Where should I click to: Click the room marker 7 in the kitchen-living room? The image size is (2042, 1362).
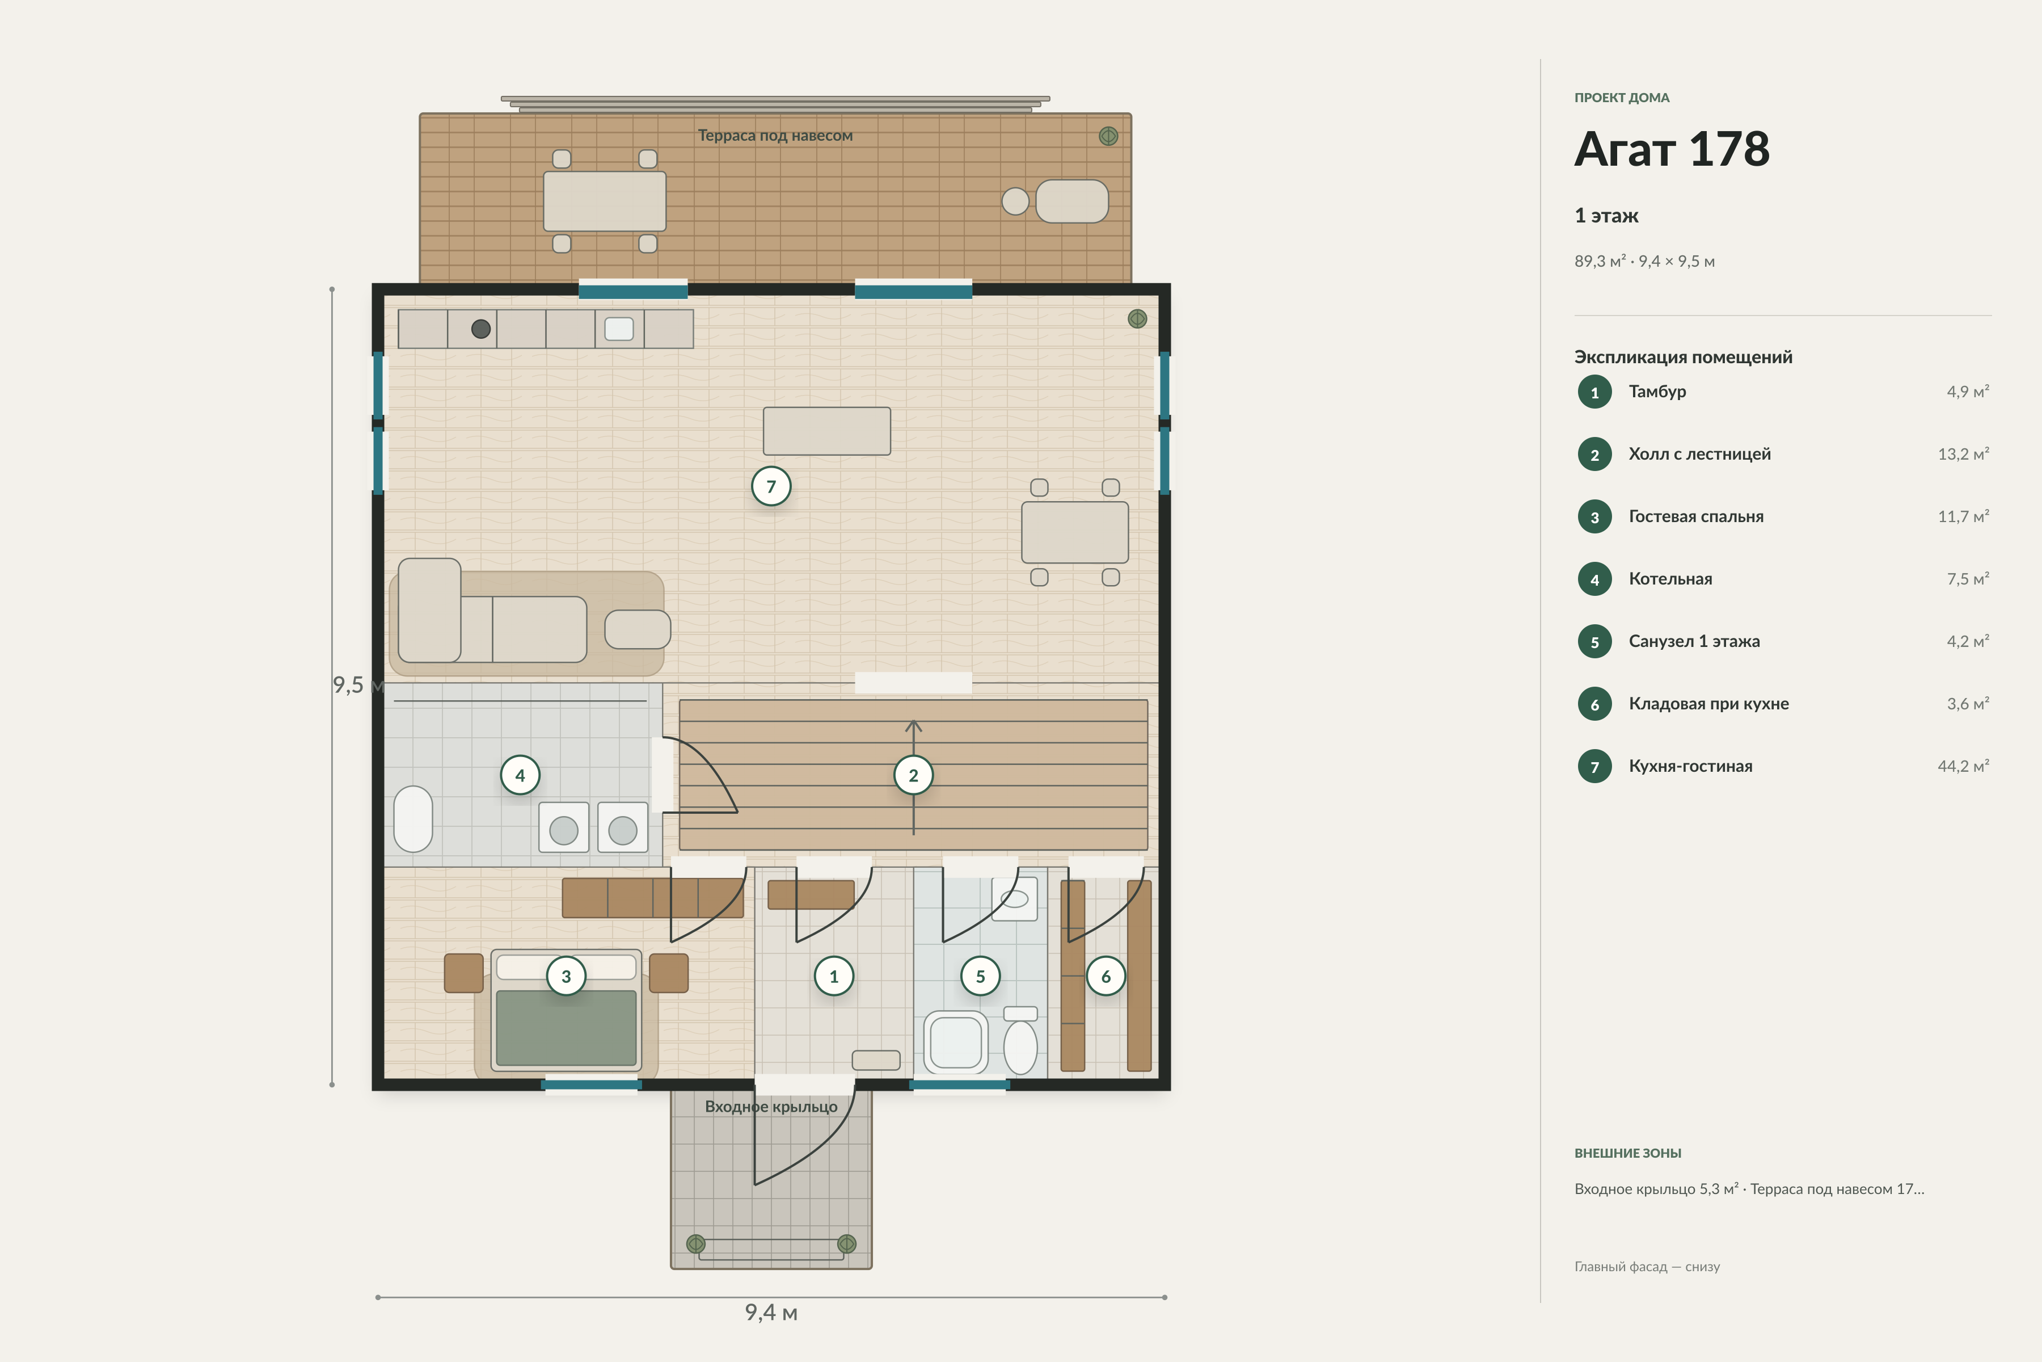[771, 486]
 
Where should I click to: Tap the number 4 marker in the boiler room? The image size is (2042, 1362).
[520, 776]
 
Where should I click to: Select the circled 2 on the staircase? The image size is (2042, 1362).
[913, 776]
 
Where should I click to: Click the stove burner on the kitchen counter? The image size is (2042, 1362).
[481, 329]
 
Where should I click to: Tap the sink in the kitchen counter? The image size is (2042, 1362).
[619, 329]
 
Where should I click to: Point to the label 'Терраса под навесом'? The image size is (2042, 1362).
[775, 136]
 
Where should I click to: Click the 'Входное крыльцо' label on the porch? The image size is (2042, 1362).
[771, 1107]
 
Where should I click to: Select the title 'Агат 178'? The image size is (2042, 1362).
[1672, 149]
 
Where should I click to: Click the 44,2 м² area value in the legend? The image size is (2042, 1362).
[1963, 766]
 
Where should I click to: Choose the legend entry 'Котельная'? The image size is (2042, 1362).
[1670, 579]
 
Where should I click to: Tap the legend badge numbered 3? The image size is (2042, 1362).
[1595, 517]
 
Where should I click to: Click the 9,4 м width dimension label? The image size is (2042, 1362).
[771, 1313]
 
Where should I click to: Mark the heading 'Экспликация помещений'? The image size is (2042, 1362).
[1684, 357]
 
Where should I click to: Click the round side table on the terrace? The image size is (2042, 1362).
[1015, 201]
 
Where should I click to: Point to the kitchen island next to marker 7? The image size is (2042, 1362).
[826, 431]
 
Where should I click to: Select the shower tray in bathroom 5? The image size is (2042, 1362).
[956, 1042]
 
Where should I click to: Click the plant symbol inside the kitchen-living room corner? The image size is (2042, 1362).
[1137, 319]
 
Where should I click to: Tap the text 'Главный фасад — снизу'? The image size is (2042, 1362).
[1647, 1267]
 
